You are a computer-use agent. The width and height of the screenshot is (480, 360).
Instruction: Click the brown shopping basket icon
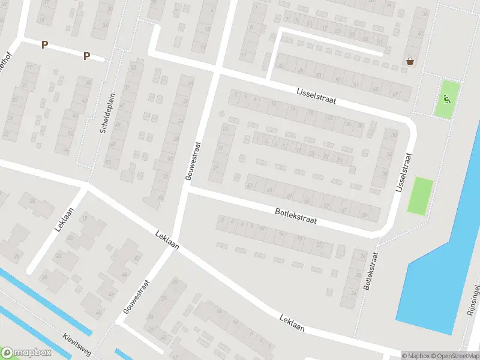(410, 61)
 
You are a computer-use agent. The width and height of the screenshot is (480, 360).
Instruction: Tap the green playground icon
(446, 98)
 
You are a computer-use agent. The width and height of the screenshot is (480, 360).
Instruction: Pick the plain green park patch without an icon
(420, 196)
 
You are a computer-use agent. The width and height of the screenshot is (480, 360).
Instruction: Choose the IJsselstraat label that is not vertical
(316, 95)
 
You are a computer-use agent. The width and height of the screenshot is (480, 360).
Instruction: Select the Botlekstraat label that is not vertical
(295, 216)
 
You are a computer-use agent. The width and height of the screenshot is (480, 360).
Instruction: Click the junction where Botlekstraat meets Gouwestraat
(187, 190)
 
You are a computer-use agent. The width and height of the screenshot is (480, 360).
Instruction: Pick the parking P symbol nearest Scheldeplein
(86, 56)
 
